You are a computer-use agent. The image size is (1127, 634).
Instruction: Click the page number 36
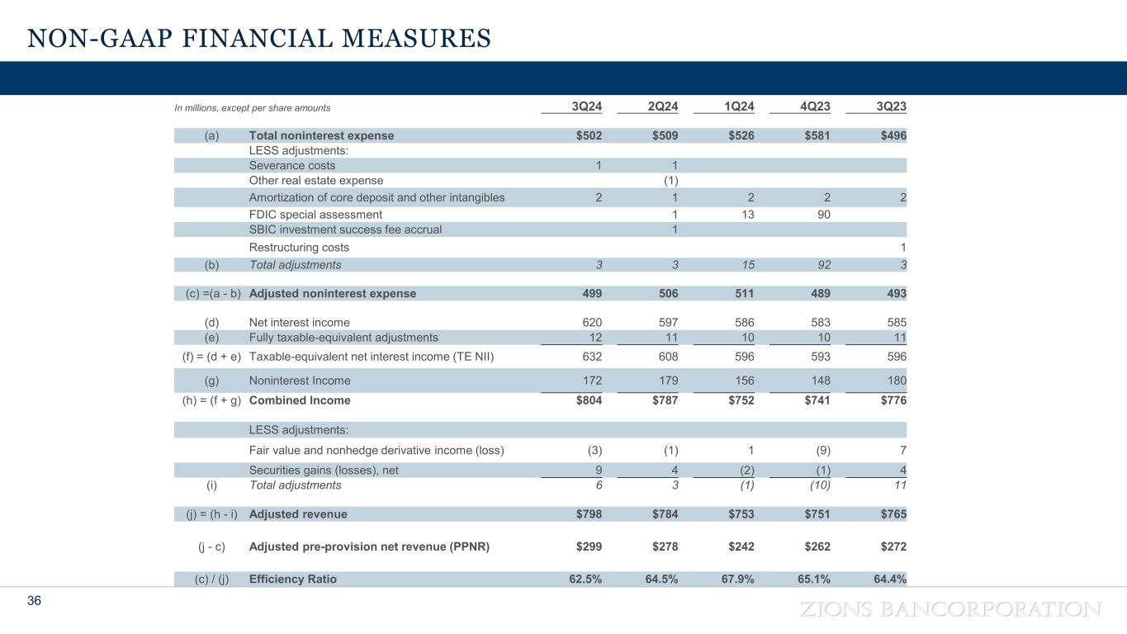point(34,601)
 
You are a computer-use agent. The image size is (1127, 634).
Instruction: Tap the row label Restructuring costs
point(299,248)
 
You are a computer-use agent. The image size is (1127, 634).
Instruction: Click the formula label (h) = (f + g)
point(209,400)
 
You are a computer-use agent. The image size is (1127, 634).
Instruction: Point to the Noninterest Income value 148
point(819,381)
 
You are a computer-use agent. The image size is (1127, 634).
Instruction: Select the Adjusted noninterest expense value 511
point(742,293)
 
